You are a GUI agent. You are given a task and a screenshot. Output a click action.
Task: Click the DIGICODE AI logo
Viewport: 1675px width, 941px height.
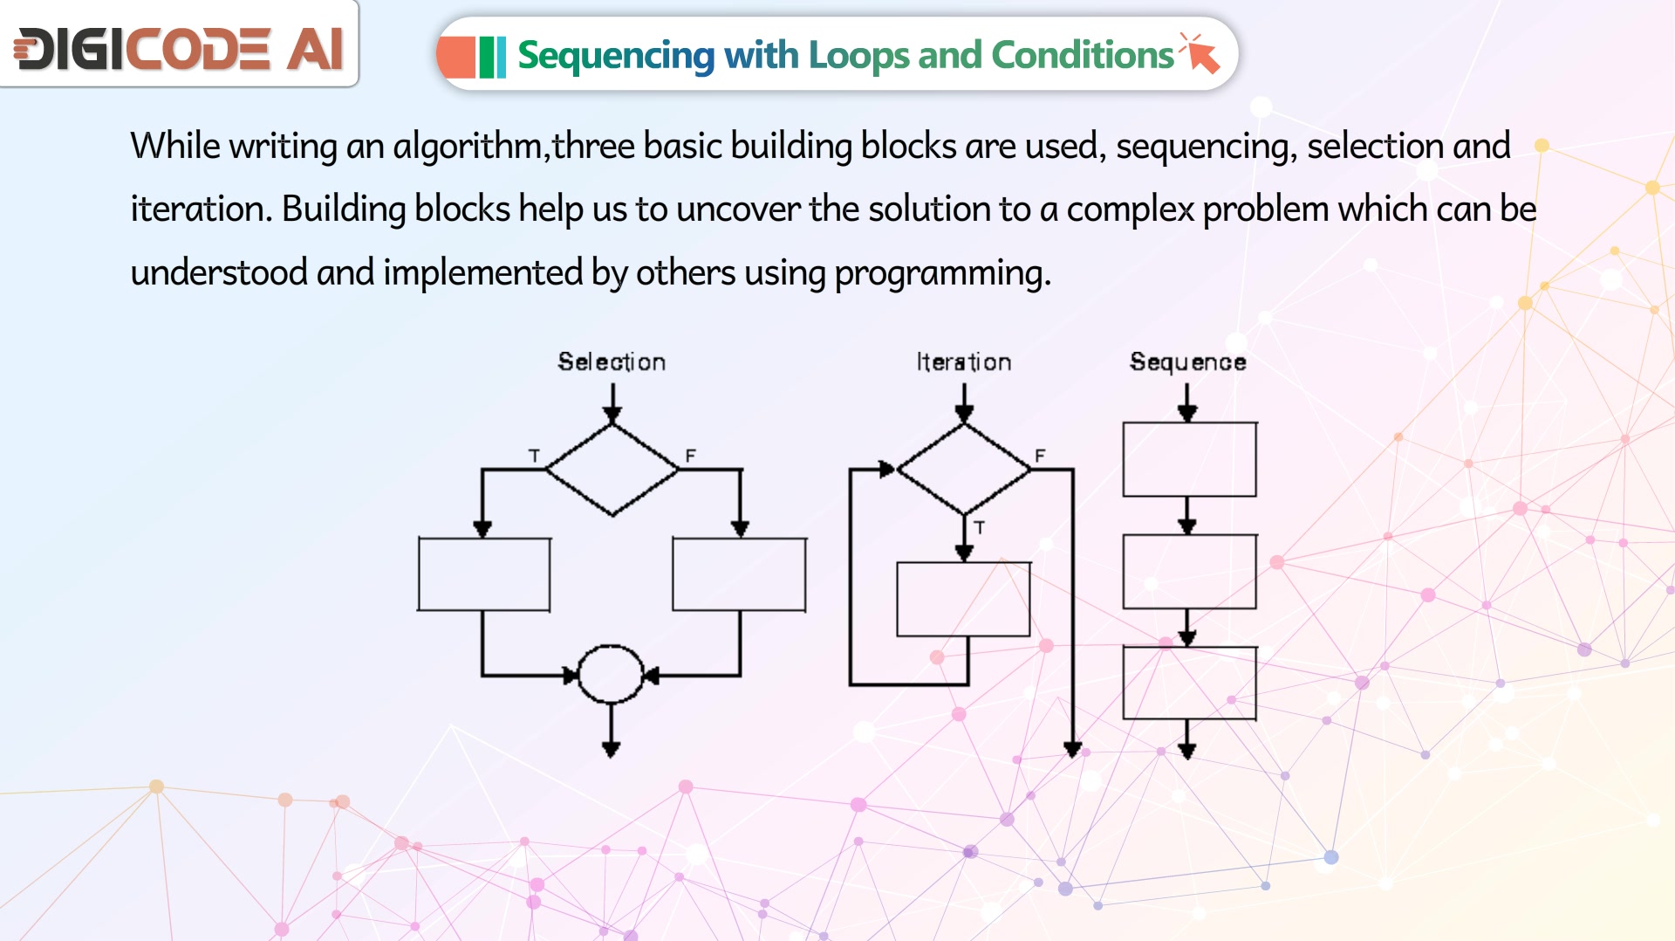point(179,49)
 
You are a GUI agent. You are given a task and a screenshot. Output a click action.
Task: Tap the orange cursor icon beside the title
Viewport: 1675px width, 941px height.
point(1200,52)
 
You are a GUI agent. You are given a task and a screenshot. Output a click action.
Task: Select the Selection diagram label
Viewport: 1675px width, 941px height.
point(612,361)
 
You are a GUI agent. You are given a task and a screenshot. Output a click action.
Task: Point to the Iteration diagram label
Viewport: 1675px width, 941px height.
point(964,361)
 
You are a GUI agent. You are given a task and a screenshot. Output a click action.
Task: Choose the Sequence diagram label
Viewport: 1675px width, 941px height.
point(1187,362)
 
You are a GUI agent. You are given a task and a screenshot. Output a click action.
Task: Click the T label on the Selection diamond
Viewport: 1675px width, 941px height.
point(534,456)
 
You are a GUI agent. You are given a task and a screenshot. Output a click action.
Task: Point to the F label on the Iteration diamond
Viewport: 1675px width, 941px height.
point(1040,456)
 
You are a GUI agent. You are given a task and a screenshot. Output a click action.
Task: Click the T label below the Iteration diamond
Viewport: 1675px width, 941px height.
point(980,528)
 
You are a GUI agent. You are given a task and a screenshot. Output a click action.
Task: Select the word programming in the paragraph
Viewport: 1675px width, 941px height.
point(942,273)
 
